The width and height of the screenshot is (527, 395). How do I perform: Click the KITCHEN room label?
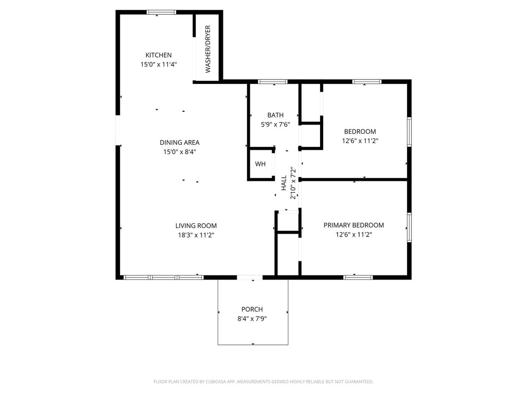(x=159, y=55)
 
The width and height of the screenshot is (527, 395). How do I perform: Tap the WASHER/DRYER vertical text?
(x=208, y=49)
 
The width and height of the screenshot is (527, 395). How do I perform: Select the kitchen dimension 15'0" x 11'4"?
(x=159, y=64)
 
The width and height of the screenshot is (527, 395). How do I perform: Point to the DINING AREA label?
(x=179, y=142)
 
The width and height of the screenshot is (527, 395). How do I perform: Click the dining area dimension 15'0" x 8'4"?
(x=179, y=152)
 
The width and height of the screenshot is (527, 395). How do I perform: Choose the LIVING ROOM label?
(x=196, y=226)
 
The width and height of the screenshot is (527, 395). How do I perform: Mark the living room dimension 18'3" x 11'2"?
(x=196, y=235)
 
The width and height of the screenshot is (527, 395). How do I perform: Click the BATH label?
(x=275, y=115)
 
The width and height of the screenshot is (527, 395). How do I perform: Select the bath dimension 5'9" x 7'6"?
(x=275, y=124)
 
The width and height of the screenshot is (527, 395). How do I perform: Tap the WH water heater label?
(x=260, y=164)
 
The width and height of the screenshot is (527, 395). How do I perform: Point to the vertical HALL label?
(x=284, y=183)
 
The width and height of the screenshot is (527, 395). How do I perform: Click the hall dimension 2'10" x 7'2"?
(x=293, y=183)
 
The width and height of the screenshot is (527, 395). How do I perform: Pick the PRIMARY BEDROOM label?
(x=354, y=225)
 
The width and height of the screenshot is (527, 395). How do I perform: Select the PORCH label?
(x=252, y=309)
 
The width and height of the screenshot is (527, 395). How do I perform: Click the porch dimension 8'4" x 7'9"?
(x=252, y=319)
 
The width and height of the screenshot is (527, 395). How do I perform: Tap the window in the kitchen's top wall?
(x=161, y=12)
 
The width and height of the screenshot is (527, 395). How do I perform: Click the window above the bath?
(x=272, y=82)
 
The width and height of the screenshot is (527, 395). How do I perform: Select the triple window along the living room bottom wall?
(x=163, y=277)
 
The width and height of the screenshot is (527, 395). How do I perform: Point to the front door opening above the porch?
(x=250, y=277)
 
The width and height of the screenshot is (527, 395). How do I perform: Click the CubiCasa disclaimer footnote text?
(x=263, y=381)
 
